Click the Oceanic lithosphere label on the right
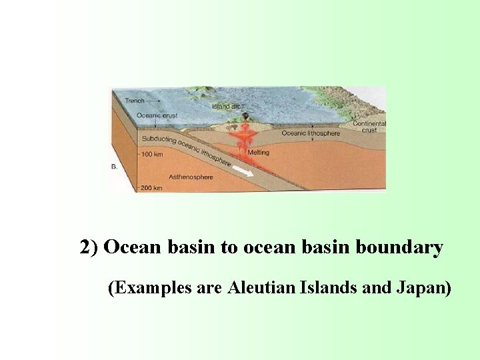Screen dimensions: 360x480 click(311, 133)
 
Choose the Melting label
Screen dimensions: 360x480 click(258, 153)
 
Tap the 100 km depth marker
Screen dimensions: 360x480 click(152, 155)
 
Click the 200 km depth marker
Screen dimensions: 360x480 click(152, 188)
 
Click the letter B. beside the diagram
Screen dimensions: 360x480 click(114, 167)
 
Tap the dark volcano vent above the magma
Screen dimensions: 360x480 click(245, 118)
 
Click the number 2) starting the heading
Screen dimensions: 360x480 click(89, 248)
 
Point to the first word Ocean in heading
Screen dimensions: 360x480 click(133, 248)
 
